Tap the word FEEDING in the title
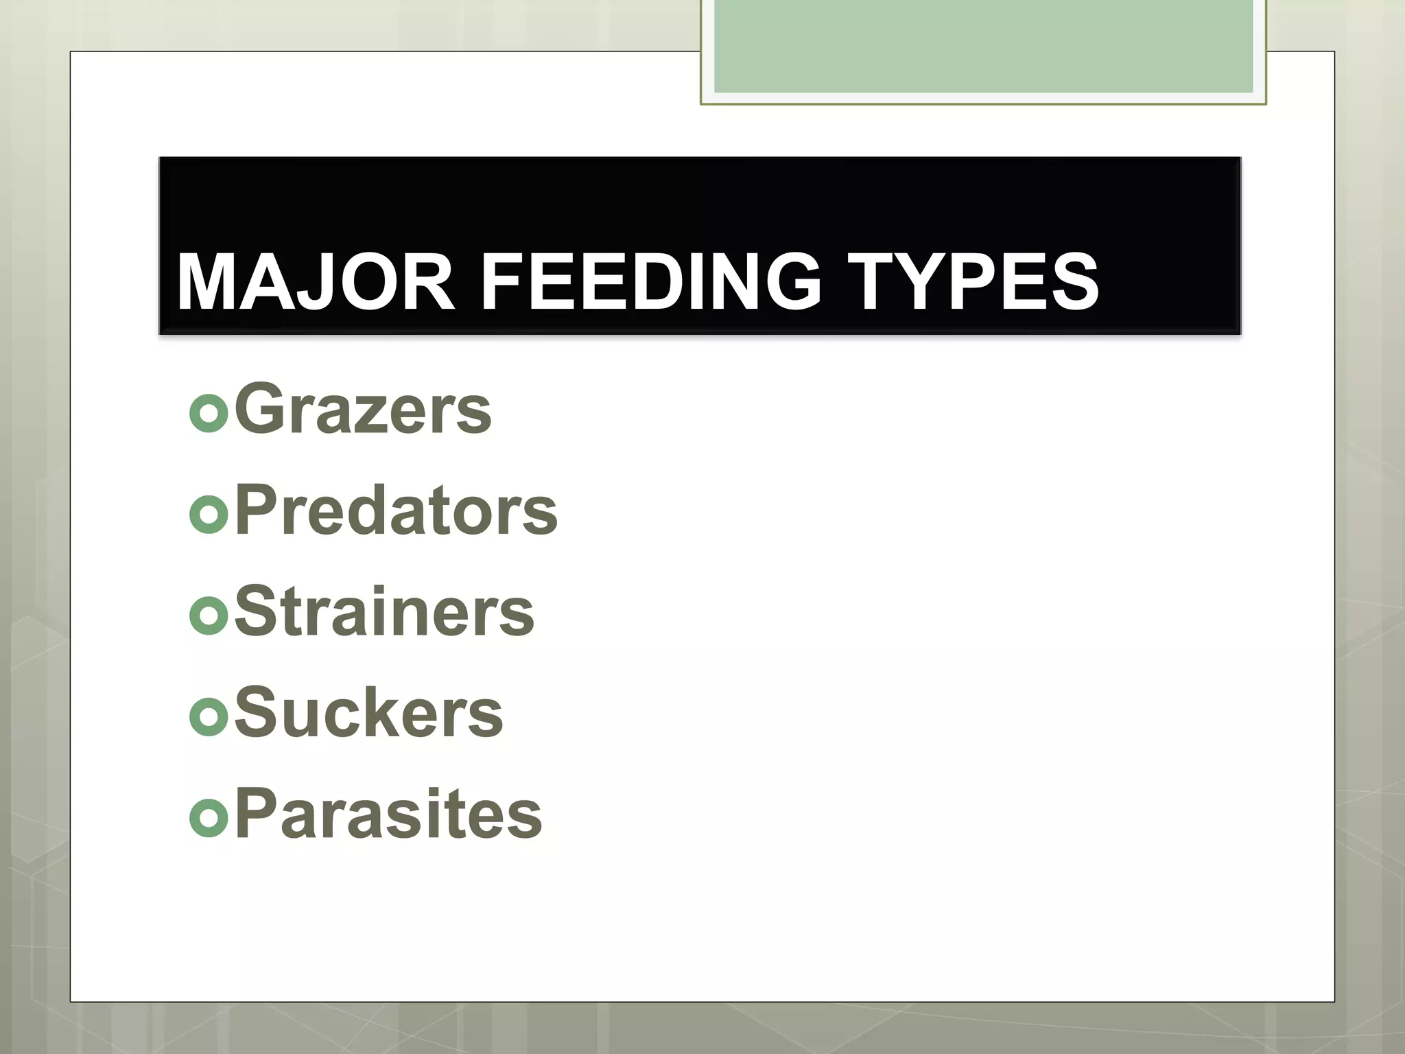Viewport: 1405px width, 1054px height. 650,282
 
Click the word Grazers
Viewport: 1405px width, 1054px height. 363,410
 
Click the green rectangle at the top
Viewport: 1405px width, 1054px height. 983,45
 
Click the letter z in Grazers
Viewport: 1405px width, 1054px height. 370,416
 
